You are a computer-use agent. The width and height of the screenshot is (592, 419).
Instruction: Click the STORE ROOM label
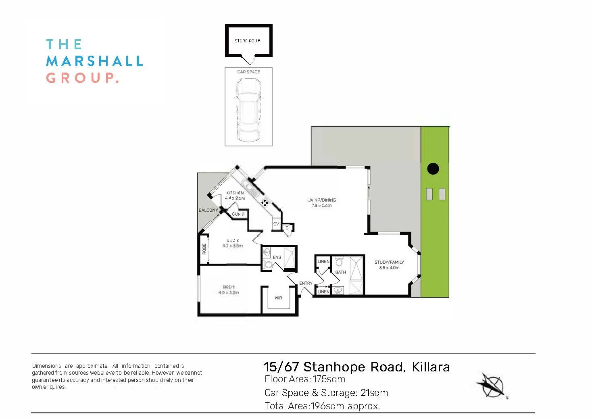(248, 41)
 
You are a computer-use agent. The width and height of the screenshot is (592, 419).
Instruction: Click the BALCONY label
(208, 210)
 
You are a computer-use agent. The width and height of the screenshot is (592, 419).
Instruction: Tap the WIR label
(278, 298)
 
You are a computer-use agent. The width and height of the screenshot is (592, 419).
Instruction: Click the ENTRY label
(306, 283)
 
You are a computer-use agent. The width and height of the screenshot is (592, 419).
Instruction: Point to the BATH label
(341, 272)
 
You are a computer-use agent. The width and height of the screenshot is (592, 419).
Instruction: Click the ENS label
(277, 257)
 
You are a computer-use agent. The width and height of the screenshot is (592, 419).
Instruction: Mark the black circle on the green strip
(433, 169)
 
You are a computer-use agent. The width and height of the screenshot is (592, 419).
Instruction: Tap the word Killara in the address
(431, 367)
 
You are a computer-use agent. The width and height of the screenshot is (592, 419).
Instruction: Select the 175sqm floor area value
(329, 379)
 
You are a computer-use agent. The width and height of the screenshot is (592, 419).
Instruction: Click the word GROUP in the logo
(82, 77)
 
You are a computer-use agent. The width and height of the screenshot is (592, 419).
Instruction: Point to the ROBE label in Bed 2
(204, 249)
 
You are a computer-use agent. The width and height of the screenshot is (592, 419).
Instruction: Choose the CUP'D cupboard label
(238, 214)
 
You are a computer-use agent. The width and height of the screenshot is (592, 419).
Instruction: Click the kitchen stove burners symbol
(265, 202)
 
